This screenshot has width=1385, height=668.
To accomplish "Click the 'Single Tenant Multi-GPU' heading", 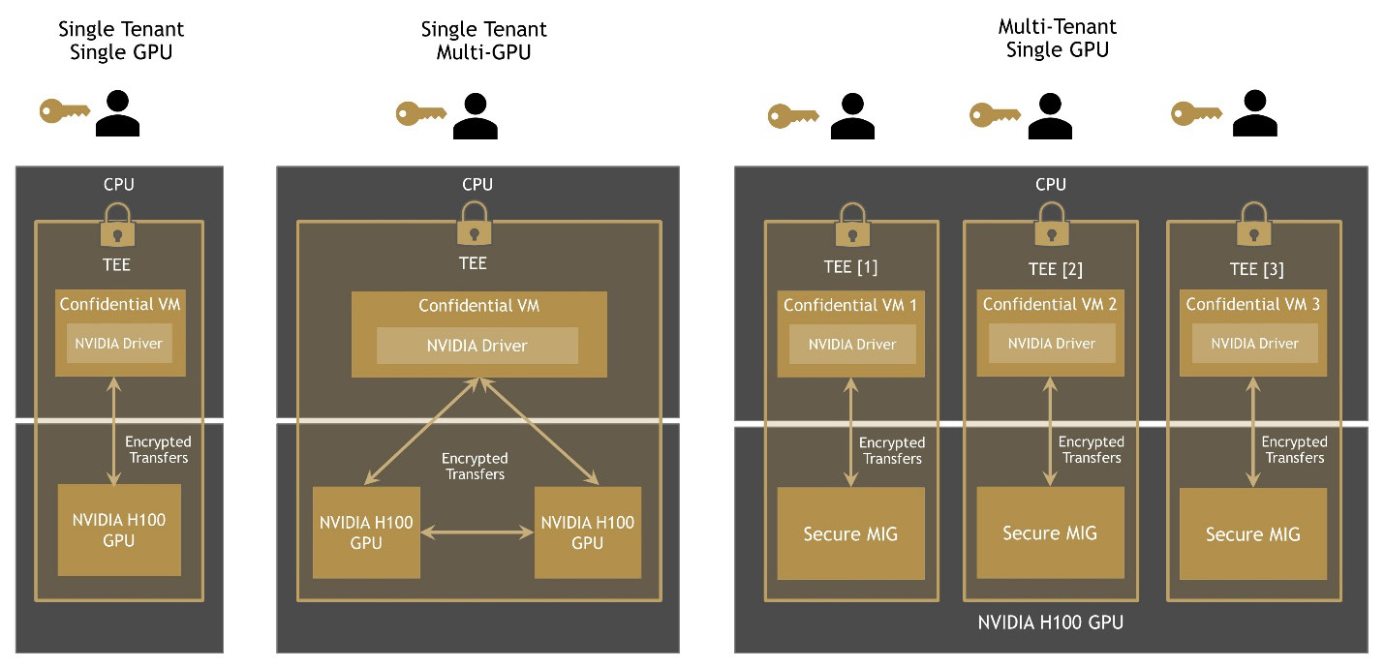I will point(483,41).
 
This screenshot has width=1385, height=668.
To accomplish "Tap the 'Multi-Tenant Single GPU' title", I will point(1057,38).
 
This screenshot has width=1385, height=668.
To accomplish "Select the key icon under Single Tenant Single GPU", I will point(64,110).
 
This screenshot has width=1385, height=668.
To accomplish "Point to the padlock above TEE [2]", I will point(1050,225).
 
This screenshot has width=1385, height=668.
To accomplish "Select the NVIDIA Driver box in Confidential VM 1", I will point(852,344).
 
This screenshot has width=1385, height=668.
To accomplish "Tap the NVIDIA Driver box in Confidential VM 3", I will point(1254,343).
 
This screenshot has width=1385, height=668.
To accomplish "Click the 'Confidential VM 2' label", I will point(1050,304).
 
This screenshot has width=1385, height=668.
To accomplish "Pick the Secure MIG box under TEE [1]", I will point(850,533).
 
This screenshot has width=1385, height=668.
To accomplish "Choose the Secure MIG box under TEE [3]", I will point(1253,533).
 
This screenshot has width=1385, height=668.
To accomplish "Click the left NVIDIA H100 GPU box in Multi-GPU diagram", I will point(366,532).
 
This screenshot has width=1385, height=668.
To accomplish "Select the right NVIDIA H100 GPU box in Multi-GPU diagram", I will point(587,532).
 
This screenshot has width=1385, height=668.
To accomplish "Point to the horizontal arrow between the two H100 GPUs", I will point(477,531).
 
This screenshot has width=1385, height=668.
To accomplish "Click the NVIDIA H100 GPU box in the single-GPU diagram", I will point(119,530).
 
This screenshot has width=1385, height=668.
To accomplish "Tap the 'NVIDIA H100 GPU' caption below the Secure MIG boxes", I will point(1050,622).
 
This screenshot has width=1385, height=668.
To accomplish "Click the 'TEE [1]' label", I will point(850,267).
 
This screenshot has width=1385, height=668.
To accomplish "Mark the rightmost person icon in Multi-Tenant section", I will point(1254,114).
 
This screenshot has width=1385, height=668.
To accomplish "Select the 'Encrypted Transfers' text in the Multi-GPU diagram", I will point(475,466).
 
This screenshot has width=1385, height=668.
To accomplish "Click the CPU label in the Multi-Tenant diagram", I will point(1050,184).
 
